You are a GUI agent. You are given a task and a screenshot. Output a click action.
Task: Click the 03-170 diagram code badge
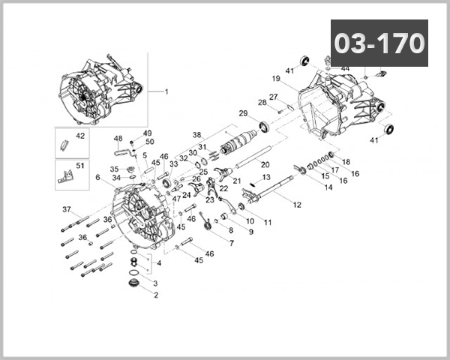[379, 43]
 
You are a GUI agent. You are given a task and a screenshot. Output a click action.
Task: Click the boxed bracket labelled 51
[81, 166]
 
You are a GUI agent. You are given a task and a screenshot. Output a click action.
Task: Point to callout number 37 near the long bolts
[66, 208]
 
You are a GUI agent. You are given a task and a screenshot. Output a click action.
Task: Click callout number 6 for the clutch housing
[97, 177]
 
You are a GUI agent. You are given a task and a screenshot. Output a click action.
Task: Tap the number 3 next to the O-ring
[155, 283]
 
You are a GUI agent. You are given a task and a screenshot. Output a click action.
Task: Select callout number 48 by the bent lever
[118, 138]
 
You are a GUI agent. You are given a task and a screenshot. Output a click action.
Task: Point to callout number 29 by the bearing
[243, 113]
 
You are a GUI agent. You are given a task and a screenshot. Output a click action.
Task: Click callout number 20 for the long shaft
[265, 164]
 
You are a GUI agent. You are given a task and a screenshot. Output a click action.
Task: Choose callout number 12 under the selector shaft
[297, 204]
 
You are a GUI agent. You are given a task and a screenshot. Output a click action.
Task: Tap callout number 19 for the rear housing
[276, 78]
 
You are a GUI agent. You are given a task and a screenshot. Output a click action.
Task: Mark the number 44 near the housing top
[345, 68]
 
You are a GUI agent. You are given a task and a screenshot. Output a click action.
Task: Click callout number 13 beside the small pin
[265, 177]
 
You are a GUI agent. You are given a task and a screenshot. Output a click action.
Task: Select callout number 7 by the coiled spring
[232, 243]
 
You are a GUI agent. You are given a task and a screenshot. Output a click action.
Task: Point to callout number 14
[328, 187]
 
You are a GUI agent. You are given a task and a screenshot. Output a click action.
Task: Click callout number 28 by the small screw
[262, 103]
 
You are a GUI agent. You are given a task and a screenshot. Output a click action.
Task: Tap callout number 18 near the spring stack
[346, 161]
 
